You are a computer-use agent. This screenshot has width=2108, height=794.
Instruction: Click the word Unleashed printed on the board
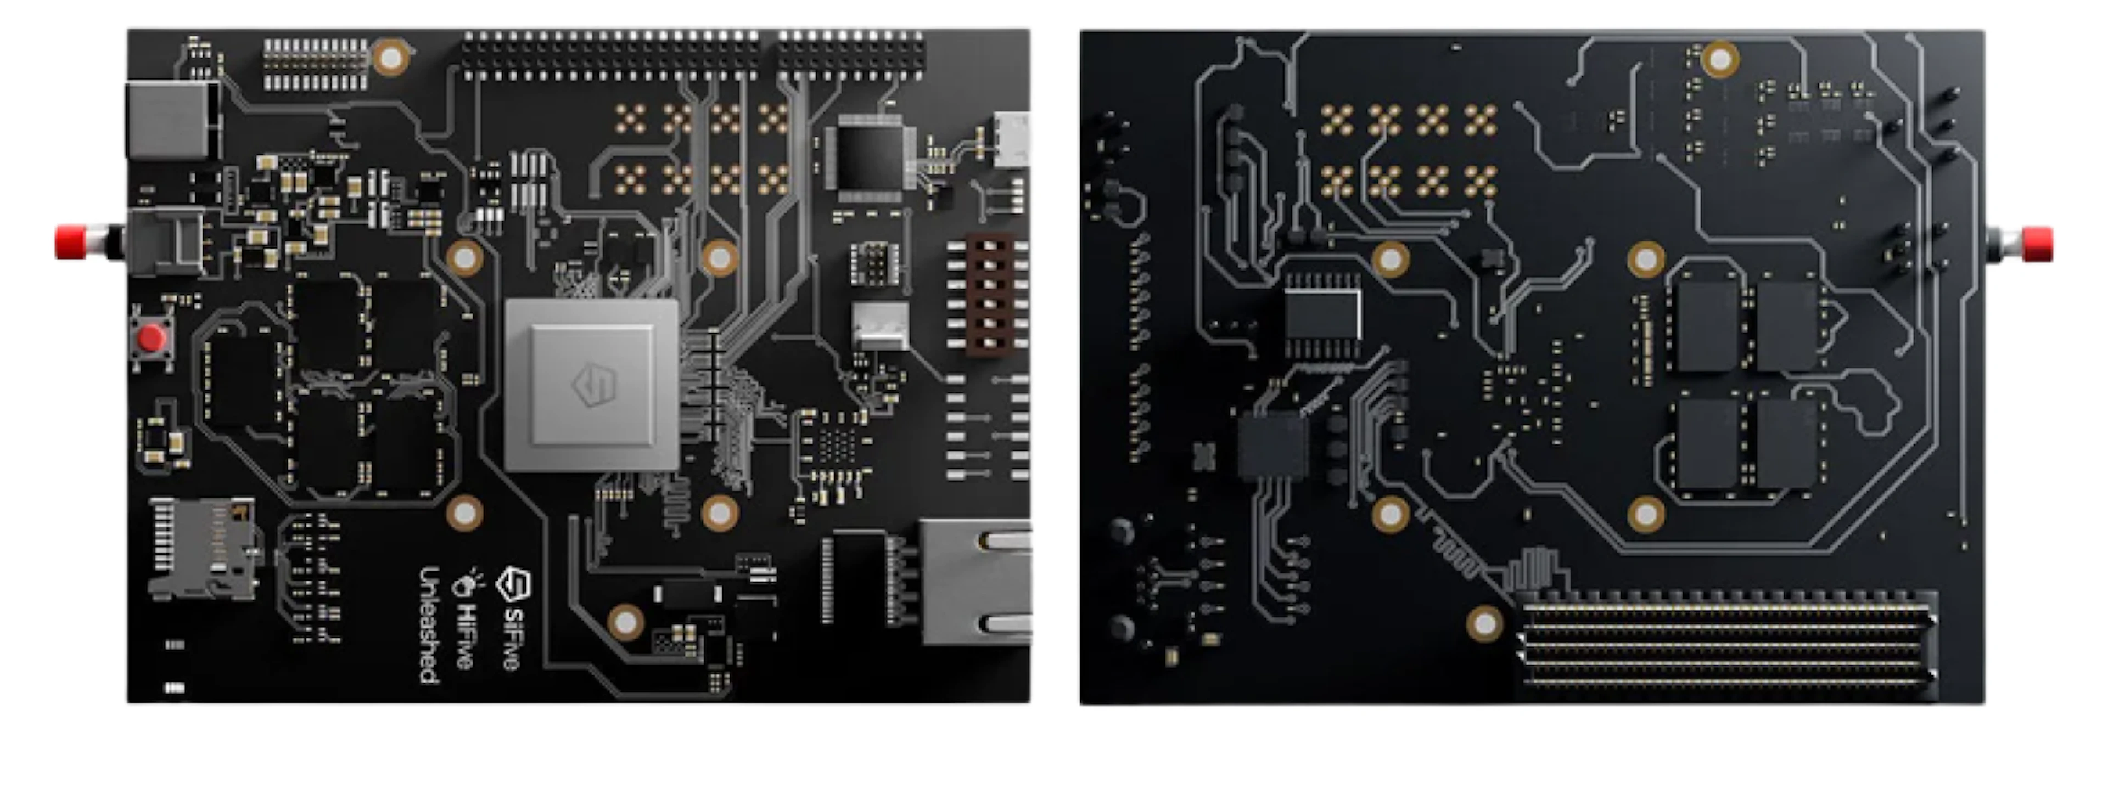429,625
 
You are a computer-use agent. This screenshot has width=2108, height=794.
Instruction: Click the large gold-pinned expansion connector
1726,646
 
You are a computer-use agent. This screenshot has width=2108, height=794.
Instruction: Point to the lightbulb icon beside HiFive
467,582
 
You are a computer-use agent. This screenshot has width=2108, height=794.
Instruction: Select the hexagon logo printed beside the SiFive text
514,584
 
